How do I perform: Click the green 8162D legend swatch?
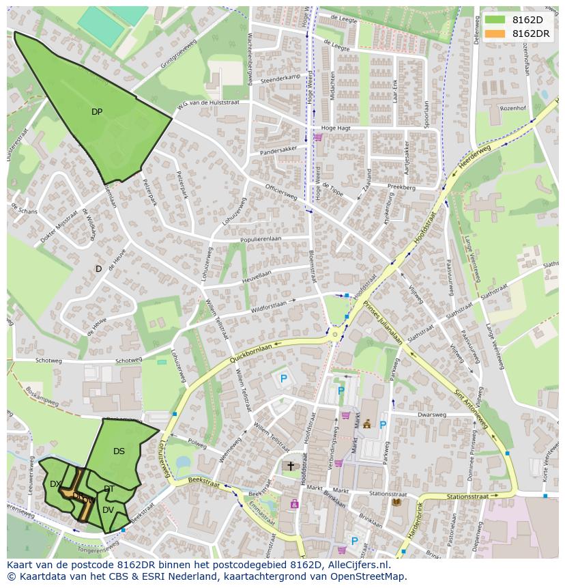pos(495,20)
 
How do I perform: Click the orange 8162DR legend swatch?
pos(495,33)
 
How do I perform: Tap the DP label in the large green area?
pos(97,112)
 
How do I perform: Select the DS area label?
pos(119,451)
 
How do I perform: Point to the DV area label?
pos(108,510)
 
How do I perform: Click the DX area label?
pos(55,484)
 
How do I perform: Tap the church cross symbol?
pos(290,466)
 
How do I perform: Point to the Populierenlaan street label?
pos(261,238)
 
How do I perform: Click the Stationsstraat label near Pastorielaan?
pos(468,497)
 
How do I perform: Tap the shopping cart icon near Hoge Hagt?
pos(318,137)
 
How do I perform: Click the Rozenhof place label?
pos(513,108)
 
